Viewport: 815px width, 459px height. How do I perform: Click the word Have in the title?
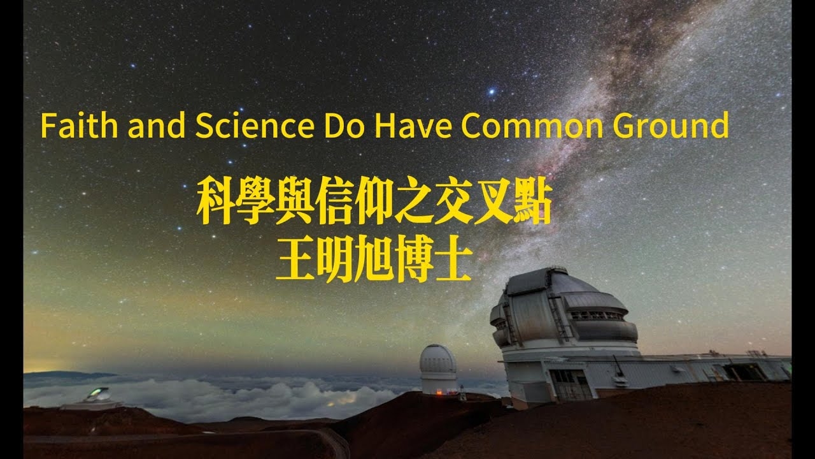point(414,126)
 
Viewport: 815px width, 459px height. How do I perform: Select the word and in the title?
point(155,126)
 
